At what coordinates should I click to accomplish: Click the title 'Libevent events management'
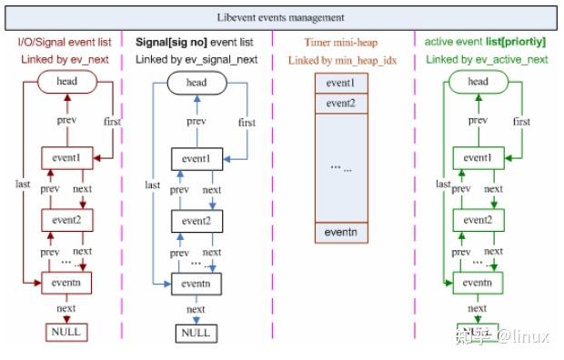click(281, 16)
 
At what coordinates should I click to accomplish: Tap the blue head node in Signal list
click(196, 83)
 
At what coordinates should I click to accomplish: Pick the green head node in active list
click(478, 83)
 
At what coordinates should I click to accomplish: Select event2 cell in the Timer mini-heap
click(341, 104)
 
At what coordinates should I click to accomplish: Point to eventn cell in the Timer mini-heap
click(341, 233)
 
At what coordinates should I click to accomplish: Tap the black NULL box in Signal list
click(196, 333)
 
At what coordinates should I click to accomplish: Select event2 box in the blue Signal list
click(196, 221)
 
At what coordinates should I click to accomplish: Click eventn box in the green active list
click(478, 284)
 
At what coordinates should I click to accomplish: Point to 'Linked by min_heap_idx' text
click(341, 60)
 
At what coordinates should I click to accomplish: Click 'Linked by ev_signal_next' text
click(196, 60)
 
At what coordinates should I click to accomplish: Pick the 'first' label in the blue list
click(247, 122)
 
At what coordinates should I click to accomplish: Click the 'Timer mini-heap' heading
click(341, 42)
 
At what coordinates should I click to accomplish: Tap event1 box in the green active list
click(478, 157)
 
